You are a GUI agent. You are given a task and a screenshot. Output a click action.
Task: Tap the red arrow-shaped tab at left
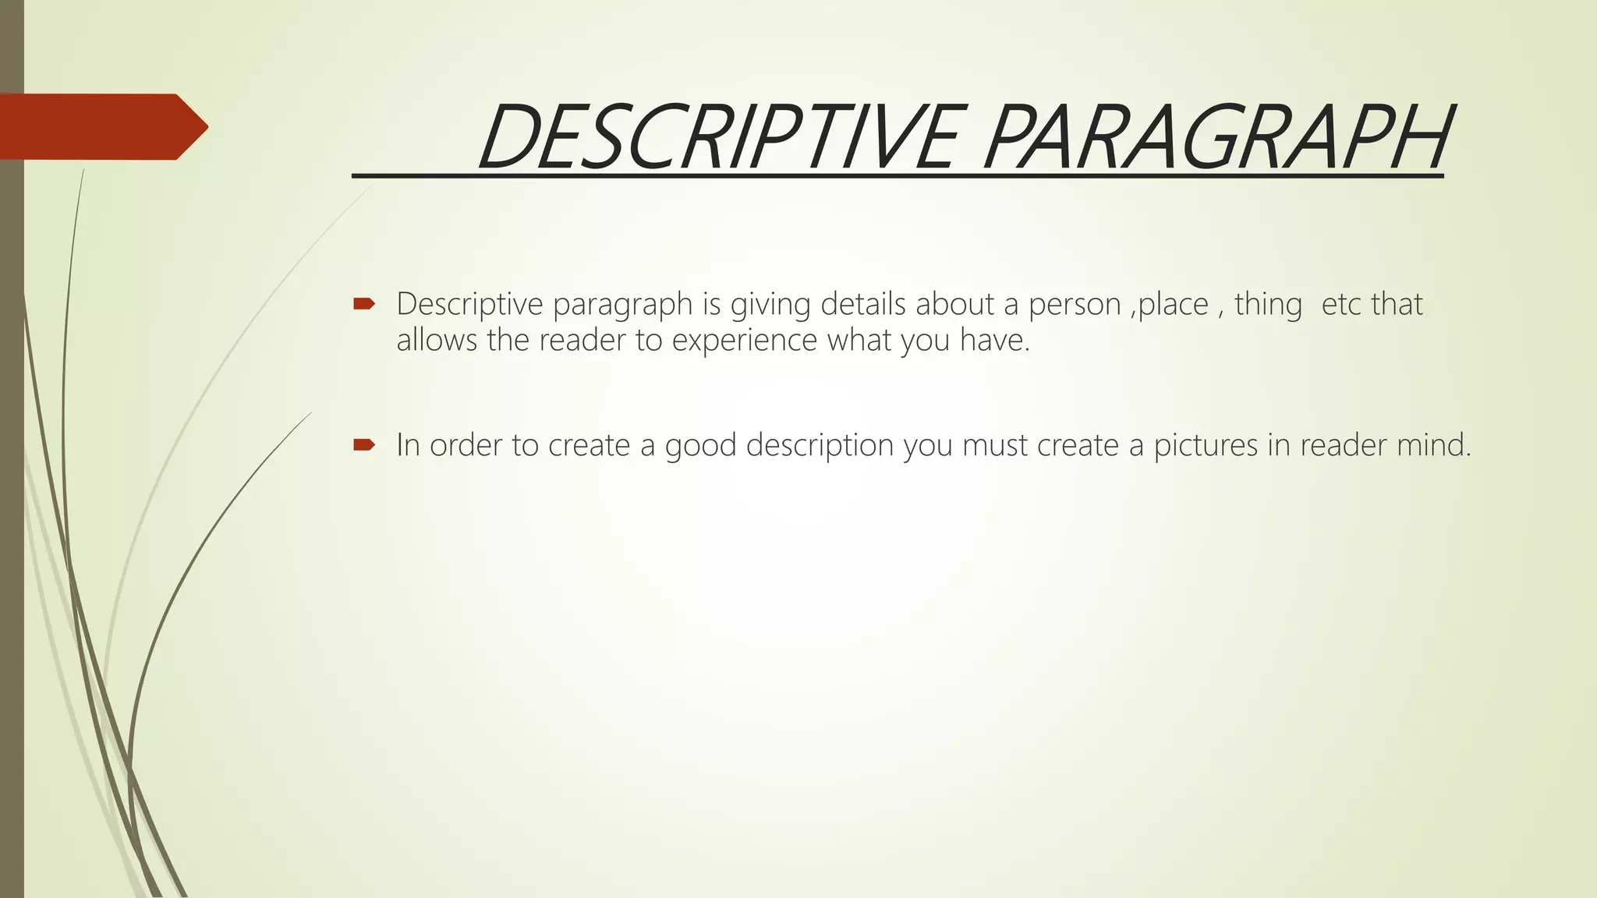coord(101,126)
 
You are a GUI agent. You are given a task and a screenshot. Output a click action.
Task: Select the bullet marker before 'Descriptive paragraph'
coord(364,304)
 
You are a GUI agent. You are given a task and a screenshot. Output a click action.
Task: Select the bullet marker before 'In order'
coord(364,445)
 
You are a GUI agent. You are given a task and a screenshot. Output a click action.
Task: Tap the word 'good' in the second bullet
coord(700,446)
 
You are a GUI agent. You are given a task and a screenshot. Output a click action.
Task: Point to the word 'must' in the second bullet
coord(994,446)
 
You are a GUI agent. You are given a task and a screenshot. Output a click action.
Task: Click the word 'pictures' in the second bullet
coord(1206,446)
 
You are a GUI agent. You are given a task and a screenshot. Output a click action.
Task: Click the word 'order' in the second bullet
coord(466,446)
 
